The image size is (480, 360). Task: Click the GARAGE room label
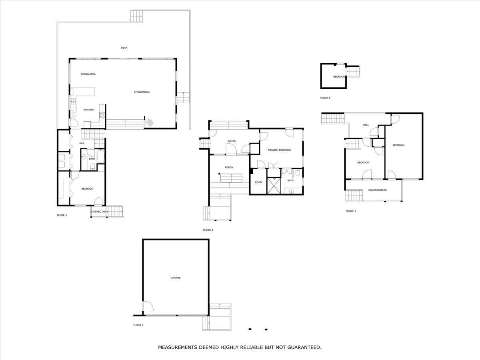[x=175, y=278]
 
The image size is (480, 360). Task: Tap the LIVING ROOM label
[x=142, y=92]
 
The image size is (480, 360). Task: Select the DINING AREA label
[x=88, y=74]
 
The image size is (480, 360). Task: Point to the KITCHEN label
[x=88, y=110]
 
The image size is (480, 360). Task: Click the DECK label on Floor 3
[x=124, y=48]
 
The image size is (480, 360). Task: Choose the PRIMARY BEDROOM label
[x=279, y=150]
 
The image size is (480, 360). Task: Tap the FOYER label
[x=232, y=141]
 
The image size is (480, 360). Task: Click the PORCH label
[x=229, y=167]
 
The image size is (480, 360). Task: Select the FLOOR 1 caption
[x=138, y=325]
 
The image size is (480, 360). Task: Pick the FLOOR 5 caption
[x=325, y=98]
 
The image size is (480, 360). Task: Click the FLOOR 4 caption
[x=350, y=211]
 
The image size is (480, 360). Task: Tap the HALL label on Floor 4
[x=366, y=125]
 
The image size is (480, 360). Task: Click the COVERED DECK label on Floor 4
[x=377, y=190]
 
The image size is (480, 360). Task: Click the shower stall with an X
[x=274, y=186]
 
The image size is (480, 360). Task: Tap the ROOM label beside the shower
[x=258, y=182]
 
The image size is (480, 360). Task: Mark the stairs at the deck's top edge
[x=136, y=16]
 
